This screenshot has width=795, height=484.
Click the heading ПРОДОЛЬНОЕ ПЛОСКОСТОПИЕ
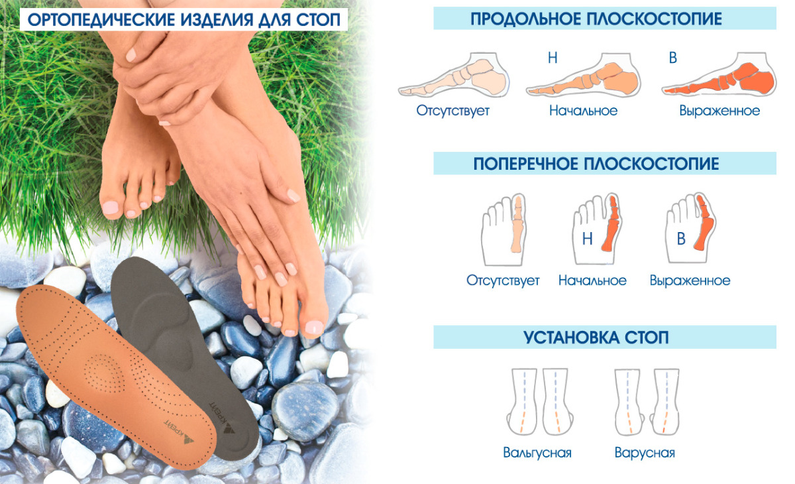(596, 19)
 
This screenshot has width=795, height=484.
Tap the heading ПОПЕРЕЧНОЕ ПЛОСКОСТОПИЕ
(596, 164)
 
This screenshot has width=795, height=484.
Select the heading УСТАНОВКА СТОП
(596, 337)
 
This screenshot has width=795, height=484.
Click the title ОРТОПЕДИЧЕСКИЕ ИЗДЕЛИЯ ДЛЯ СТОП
(184, 20)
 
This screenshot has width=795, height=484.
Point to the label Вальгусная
(537, 453)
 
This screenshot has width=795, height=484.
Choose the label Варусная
(645, 453)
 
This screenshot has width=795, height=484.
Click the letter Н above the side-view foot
(553, 58)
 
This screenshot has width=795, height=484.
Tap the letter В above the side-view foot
(673, 58)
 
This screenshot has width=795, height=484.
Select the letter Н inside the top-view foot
(588, 239)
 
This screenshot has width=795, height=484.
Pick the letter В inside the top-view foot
(681, 239)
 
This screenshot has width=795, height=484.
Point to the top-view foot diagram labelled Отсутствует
(503, 230)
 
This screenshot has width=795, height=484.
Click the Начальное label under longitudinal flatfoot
(584, 111)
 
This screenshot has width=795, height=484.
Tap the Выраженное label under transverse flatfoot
(690, 280)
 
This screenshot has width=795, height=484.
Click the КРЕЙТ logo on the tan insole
(179, 431)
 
